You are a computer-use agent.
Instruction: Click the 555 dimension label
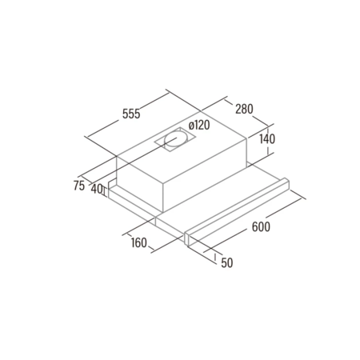pyautogui.click(x=131, y=114)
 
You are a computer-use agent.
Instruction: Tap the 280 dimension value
pyautogui.click(x=244, y=109)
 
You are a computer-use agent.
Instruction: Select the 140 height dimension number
pyautogui.click(x=267, y=139)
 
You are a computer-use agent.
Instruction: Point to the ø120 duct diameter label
pyautogui.click(x=199, y=125)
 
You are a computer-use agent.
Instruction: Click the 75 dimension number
pyautogui.click(x=79, y=186)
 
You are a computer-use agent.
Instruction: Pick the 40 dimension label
pyautogui.click(x=97, y=189)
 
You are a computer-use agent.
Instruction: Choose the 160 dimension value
pyautogui.click(x=139, y=242)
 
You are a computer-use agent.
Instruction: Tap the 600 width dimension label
pyautogui.click(x=261, y=226)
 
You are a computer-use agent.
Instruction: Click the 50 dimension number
pyautogui.click(x=227, y=262)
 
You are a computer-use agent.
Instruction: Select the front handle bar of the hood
pyautogui.click(x=236, y=211)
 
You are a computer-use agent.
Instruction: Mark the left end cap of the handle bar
pyautogui.click(x=188, y=238)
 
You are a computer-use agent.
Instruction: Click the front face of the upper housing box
pyautogui.click(x=140, y=184)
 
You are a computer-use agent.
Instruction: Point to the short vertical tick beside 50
pyautogui.click(x=215, y=257)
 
